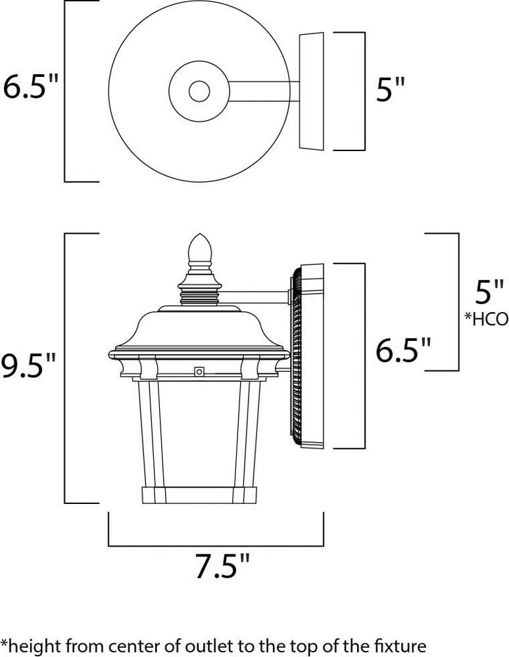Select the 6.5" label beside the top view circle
pyautogui.click(x=30, y=87)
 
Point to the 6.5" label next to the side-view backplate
pyautogui.click(x=404, y=351)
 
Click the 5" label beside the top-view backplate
pyautogui.click(x=389, y=91)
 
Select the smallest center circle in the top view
pyautogui.click(x=199, y=91)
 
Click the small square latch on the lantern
pyautogui.click(x=199, y=372)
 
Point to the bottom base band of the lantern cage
pyautogui.click(x=199, y=495)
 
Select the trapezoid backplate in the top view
pyautogui.click(x=312, y=91)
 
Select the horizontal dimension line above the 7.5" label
pyautogui.click(x=216, y=545)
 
